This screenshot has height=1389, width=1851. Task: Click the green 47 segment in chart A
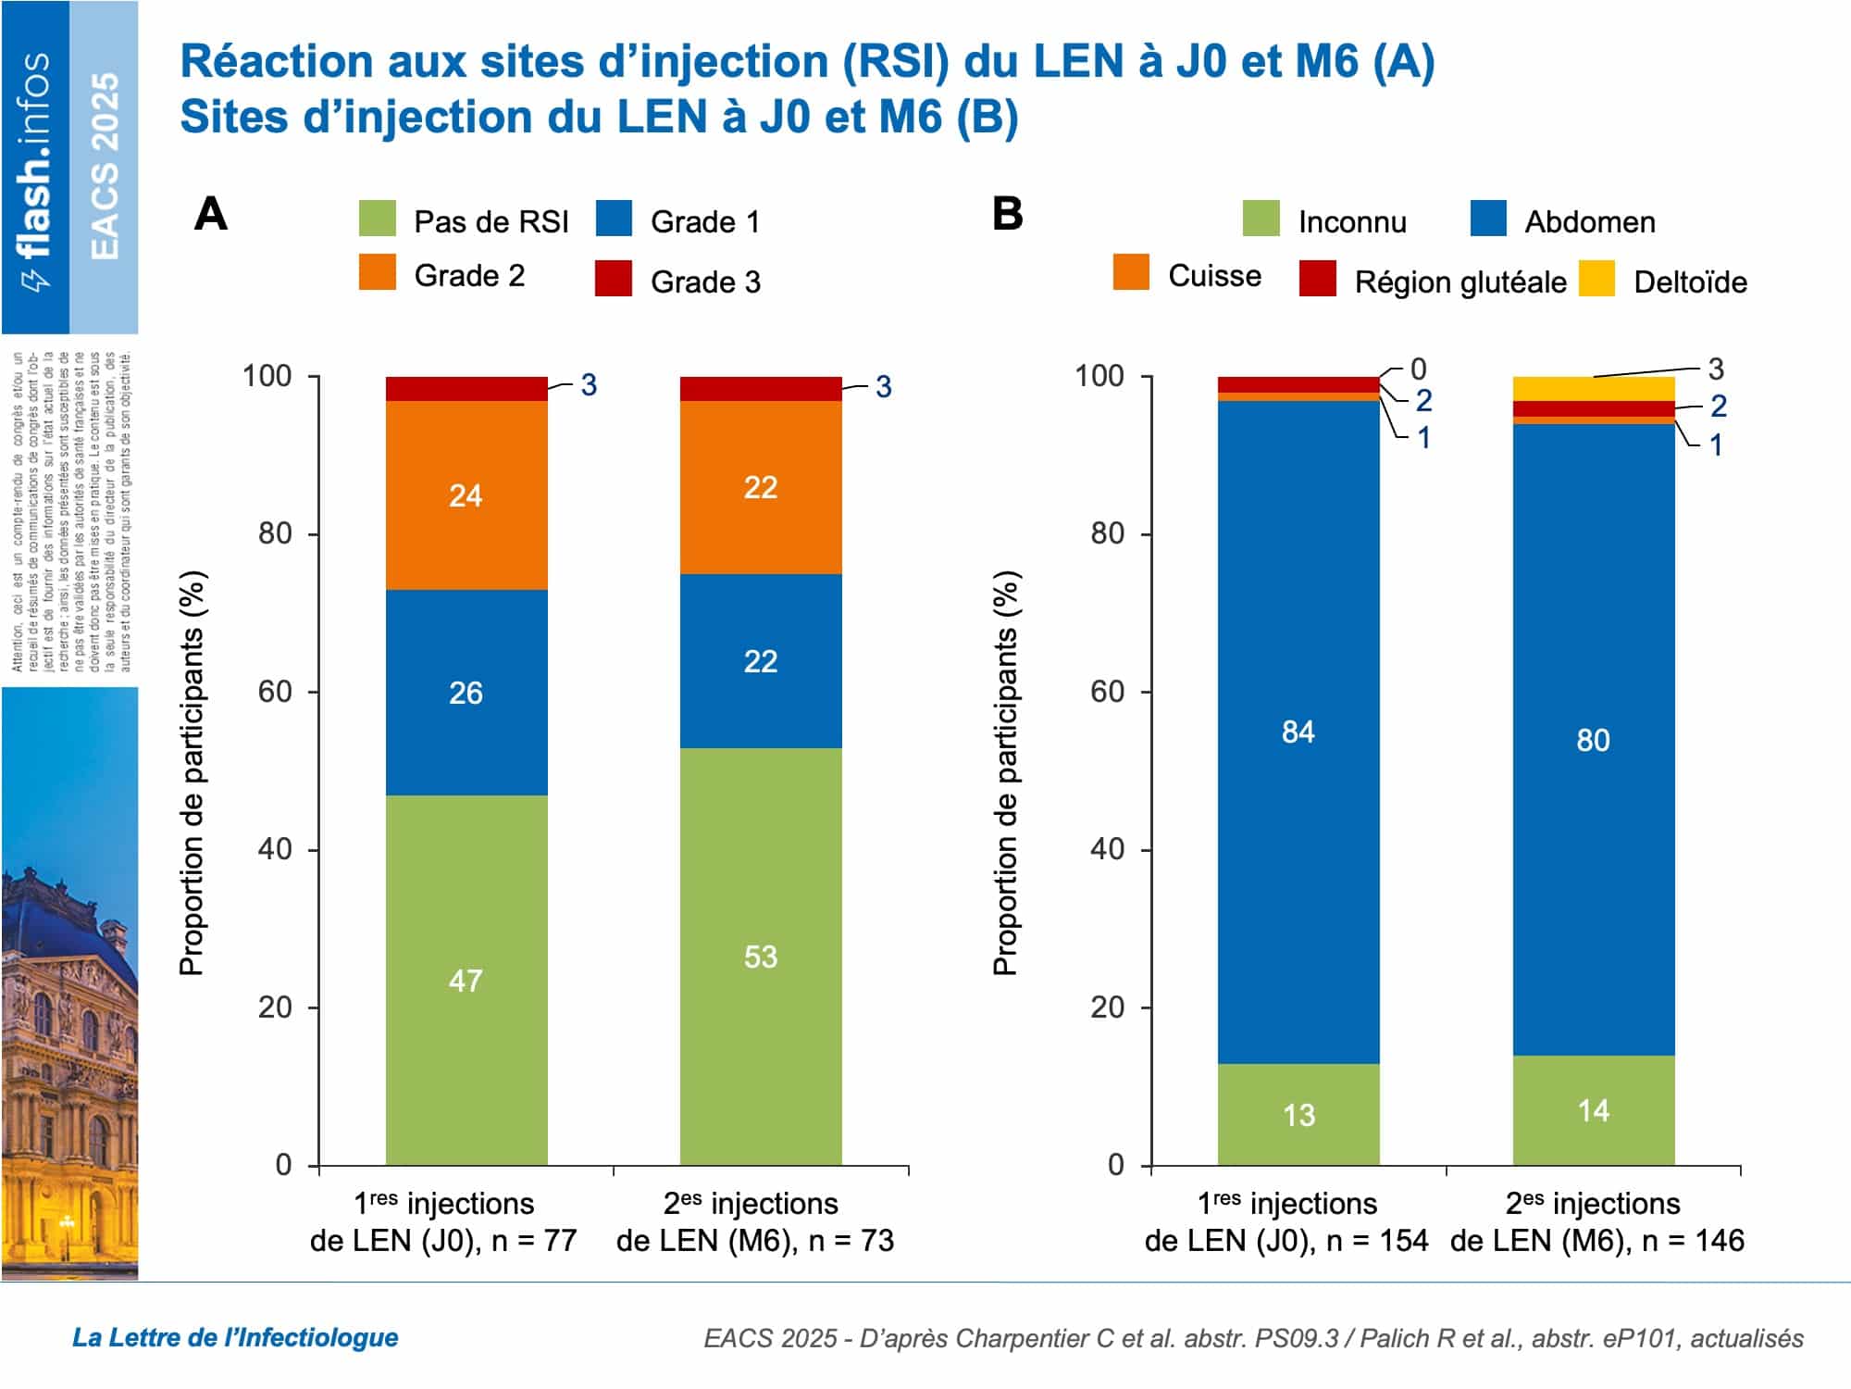click(x=466, y=980)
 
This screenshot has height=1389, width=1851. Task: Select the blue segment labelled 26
click(x=466, y=693)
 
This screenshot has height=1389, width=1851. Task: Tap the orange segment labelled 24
click(x=466, y=495)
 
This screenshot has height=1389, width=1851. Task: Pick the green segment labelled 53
click(x=761, y=957)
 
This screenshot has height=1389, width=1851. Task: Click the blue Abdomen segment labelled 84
click(x=1298, y=732)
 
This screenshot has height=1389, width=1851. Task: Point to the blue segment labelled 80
click(x=1593, y=740)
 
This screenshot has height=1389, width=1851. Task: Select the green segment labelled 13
click(x=1298, y=1115)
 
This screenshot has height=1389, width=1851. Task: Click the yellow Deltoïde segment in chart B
click(x=1593, y=389)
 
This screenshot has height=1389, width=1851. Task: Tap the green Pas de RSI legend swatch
click(x=377, y=219)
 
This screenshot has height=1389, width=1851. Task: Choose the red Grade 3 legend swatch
click(x=613, y=279)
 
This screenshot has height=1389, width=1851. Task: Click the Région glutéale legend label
click(x=1460, y=282)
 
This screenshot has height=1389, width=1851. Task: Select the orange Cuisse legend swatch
click(x=1131, y=273)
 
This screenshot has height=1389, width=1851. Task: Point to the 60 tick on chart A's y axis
click(x=275, y=692)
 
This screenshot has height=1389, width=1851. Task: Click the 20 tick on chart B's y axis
click(x=1107, y=1007)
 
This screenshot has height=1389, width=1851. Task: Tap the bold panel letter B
click(x=1007, y=214)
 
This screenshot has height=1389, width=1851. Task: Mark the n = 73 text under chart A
click(x=851, y=1241)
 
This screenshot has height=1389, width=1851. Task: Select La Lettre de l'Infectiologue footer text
click(x=235, y=1337)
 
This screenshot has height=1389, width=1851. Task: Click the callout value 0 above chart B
click(x=1418, y=369)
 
